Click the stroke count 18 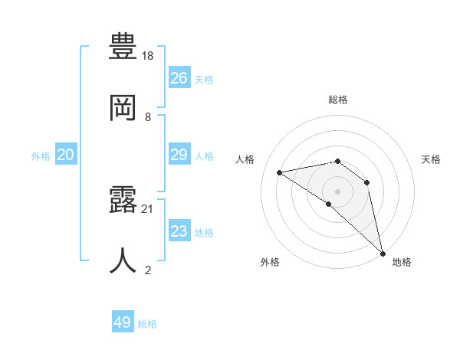(x=148, y=56)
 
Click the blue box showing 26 (x=179, y=78)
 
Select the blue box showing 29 (x=179, y=155)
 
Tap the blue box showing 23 (x=179, y=231)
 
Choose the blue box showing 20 (x=66, y=155)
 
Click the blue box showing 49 (x=123, y=322)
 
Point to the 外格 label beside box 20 (x=41, y=155)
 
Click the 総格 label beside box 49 (x=148, y=323)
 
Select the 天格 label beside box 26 (x=204, y=79)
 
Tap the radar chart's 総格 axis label (x=338, y=100)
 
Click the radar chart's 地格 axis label (x=402, y=262)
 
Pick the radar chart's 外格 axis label (x=270, y=262)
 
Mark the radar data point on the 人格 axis (x=280, y=172)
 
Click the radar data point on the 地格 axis (x=383, y=253)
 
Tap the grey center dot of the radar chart (x=337, y=191)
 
